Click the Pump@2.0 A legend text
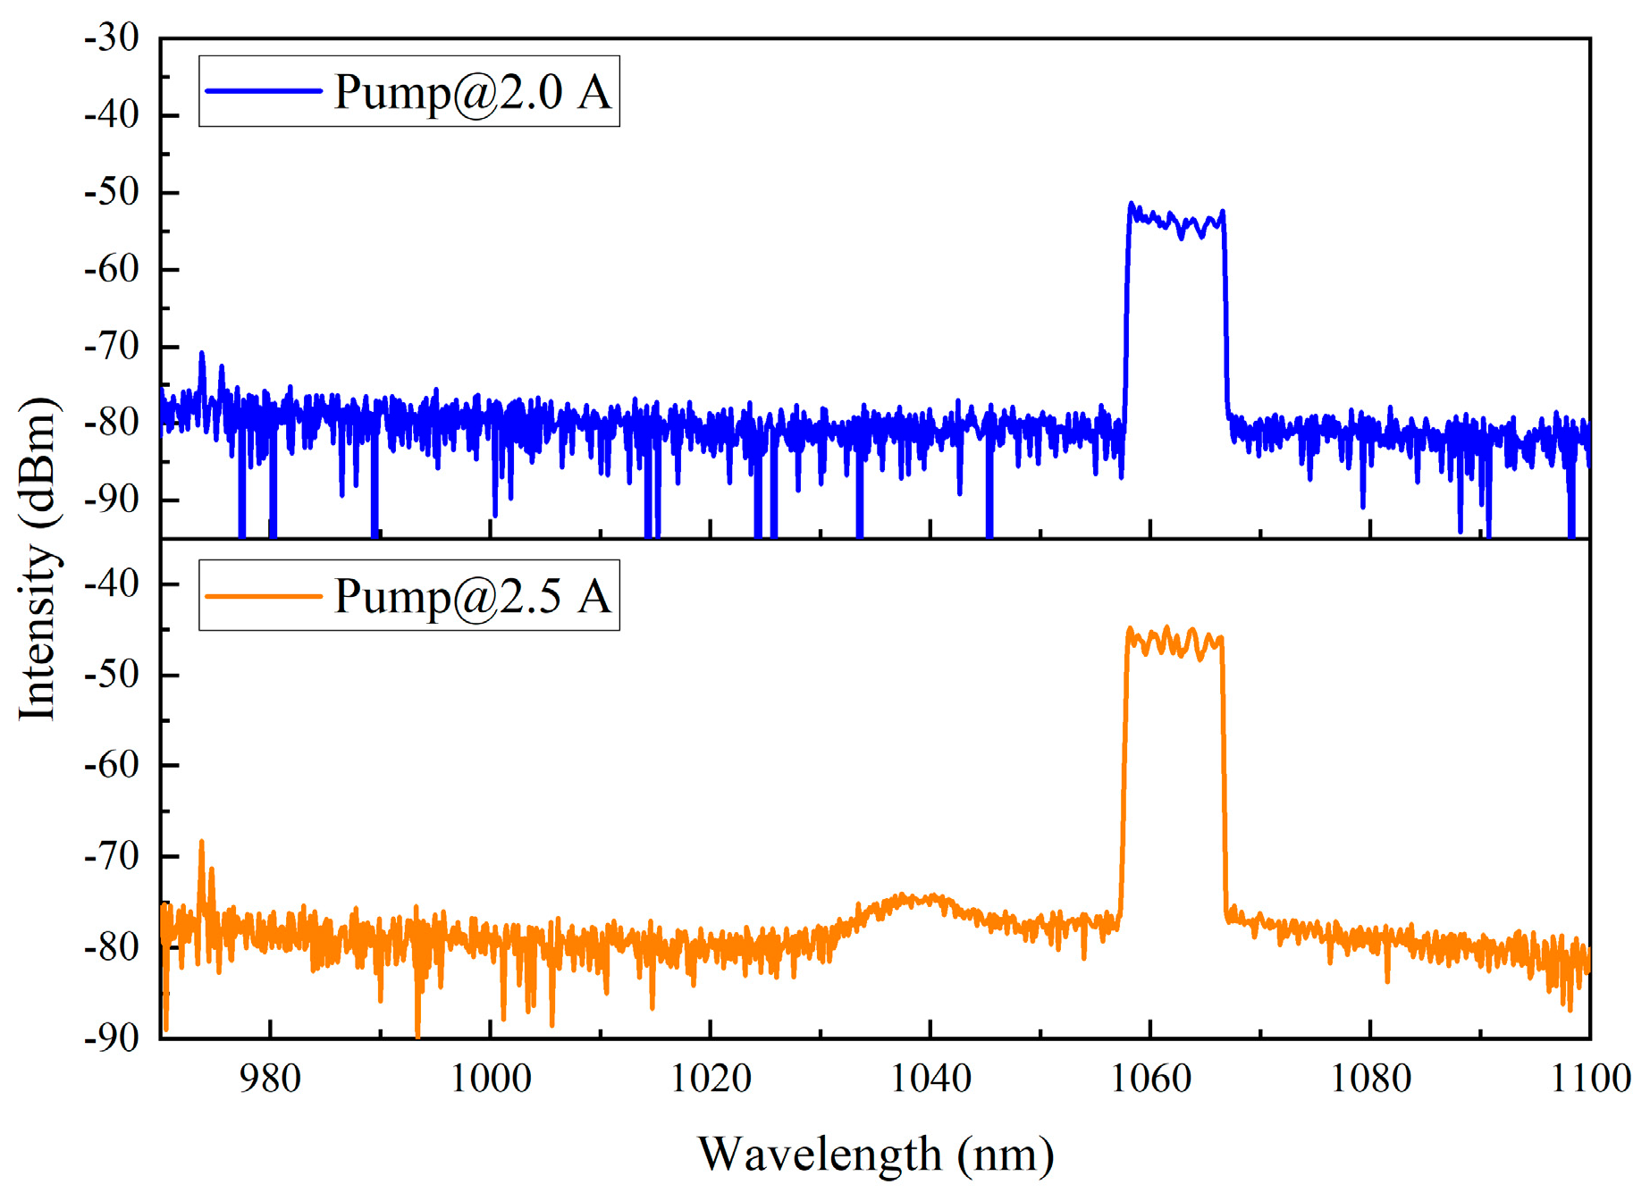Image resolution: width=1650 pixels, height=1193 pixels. [x=472, y=92]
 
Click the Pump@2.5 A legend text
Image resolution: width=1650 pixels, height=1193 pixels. [x=472, y=596]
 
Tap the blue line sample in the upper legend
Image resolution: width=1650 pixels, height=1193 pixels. [x=263, y=91]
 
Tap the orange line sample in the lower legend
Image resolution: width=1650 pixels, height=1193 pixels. [x=263, y=595]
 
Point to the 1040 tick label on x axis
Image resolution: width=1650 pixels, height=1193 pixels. [x=930, y=1079]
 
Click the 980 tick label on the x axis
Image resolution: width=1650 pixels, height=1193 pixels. [x=270, y=1079]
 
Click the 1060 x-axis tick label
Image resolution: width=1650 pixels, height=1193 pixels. [x=1150, y=1079]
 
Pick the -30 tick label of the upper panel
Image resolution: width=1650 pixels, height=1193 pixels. [x=112, y=39]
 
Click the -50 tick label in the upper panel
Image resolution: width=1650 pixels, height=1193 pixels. [x=112, y=193]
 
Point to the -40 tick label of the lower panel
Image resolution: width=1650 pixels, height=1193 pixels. [x=112, y=584]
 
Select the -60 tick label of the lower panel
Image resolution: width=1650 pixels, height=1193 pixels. [x=112, y=766]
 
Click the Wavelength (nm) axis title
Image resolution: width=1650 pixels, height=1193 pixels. [x=875, y=1154]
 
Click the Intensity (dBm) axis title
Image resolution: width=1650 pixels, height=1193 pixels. [x=38, y=559]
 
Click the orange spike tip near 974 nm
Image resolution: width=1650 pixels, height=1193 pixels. [x=202, y=842]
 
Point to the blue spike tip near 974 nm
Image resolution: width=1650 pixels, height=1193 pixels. [x=202, y=354]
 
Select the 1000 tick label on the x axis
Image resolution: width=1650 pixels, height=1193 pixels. [x=490, y=1079]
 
